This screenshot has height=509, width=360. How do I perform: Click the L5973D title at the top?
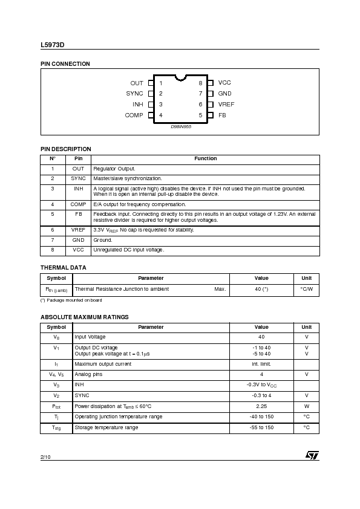[x=52, y=44]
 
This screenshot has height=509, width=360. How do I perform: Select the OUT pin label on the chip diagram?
[x=137, y=83]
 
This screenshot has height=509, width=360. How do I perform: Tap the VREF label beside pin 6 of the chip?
[x=226, y=105]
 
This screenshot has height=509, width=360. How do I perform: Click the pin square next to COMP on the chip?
[x=151, y=115]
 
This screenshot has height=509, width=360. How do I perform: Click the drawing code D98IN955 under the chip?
[x=180, y=126]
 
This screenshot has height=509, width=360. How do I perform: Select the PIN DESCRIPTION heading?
[x=65, y=149]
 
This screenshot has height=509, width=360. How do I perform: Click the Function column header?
[x=206, y=159]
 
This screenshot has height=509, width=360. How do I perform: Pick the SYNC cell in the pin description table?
[x=78, y=179]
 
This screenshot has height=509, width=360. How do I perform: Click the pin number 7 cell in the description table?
[x=53, y=240]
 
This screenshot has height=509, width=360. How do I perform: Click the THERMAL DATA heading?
[x=63, y=267]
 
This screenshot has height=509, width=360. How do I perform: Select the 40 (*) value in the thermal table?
[x=261, y=289]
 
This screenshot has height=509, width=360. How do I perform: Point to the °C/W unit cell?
[x=306, y=289]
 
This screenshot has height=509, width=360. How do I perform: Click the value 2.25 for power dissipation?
[x=261, y=406]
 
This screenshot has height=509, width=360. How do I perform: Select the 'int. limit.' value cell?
[x=261, y=364]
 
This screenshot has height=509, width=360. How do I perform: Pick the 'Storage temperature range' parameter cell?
[x=106, y=427]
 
